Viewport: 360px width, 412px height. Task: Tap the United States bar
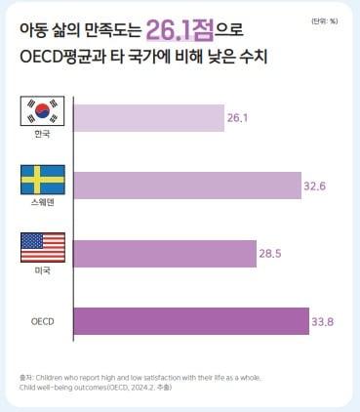pyautogui.click(x=165, y=252)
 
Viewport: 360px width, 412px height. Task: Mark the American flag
pyautogui.click(x=42, y=246)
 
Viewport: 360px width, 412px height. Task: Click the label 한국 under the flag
pyautogui.click(x=42, y=135)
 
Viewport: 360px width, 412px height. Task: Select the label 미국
pyautogui.click(x=42, y=269)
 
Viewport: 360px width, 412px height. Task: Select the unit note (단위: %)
pyautogui.click(x=325, y=21)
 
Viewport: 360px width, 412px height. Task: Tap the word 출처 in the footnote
pyautogui.click(x=25, y=376)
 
